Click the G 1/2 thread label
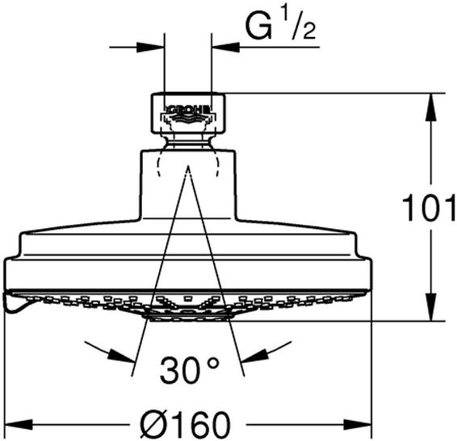coord(281,27)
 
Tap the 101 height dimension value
coord(429,208)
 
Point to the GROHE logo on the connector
coord(188,110)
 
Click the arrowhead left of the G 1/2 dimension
coord(151,47)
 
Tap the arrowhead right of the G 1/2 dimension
coord(225,47)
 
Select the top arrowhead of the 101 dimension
coord(431,108)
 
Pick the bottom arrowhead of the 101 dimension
coord(431,307)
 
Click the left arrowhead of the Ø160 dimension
coord(19,425)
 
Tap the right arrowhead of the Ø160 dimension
coord(358,425)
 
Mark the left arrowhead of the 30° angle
coord(122,356)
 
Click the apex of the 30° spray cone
coord(188,165)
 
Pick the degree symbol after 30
coord(214,363)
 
